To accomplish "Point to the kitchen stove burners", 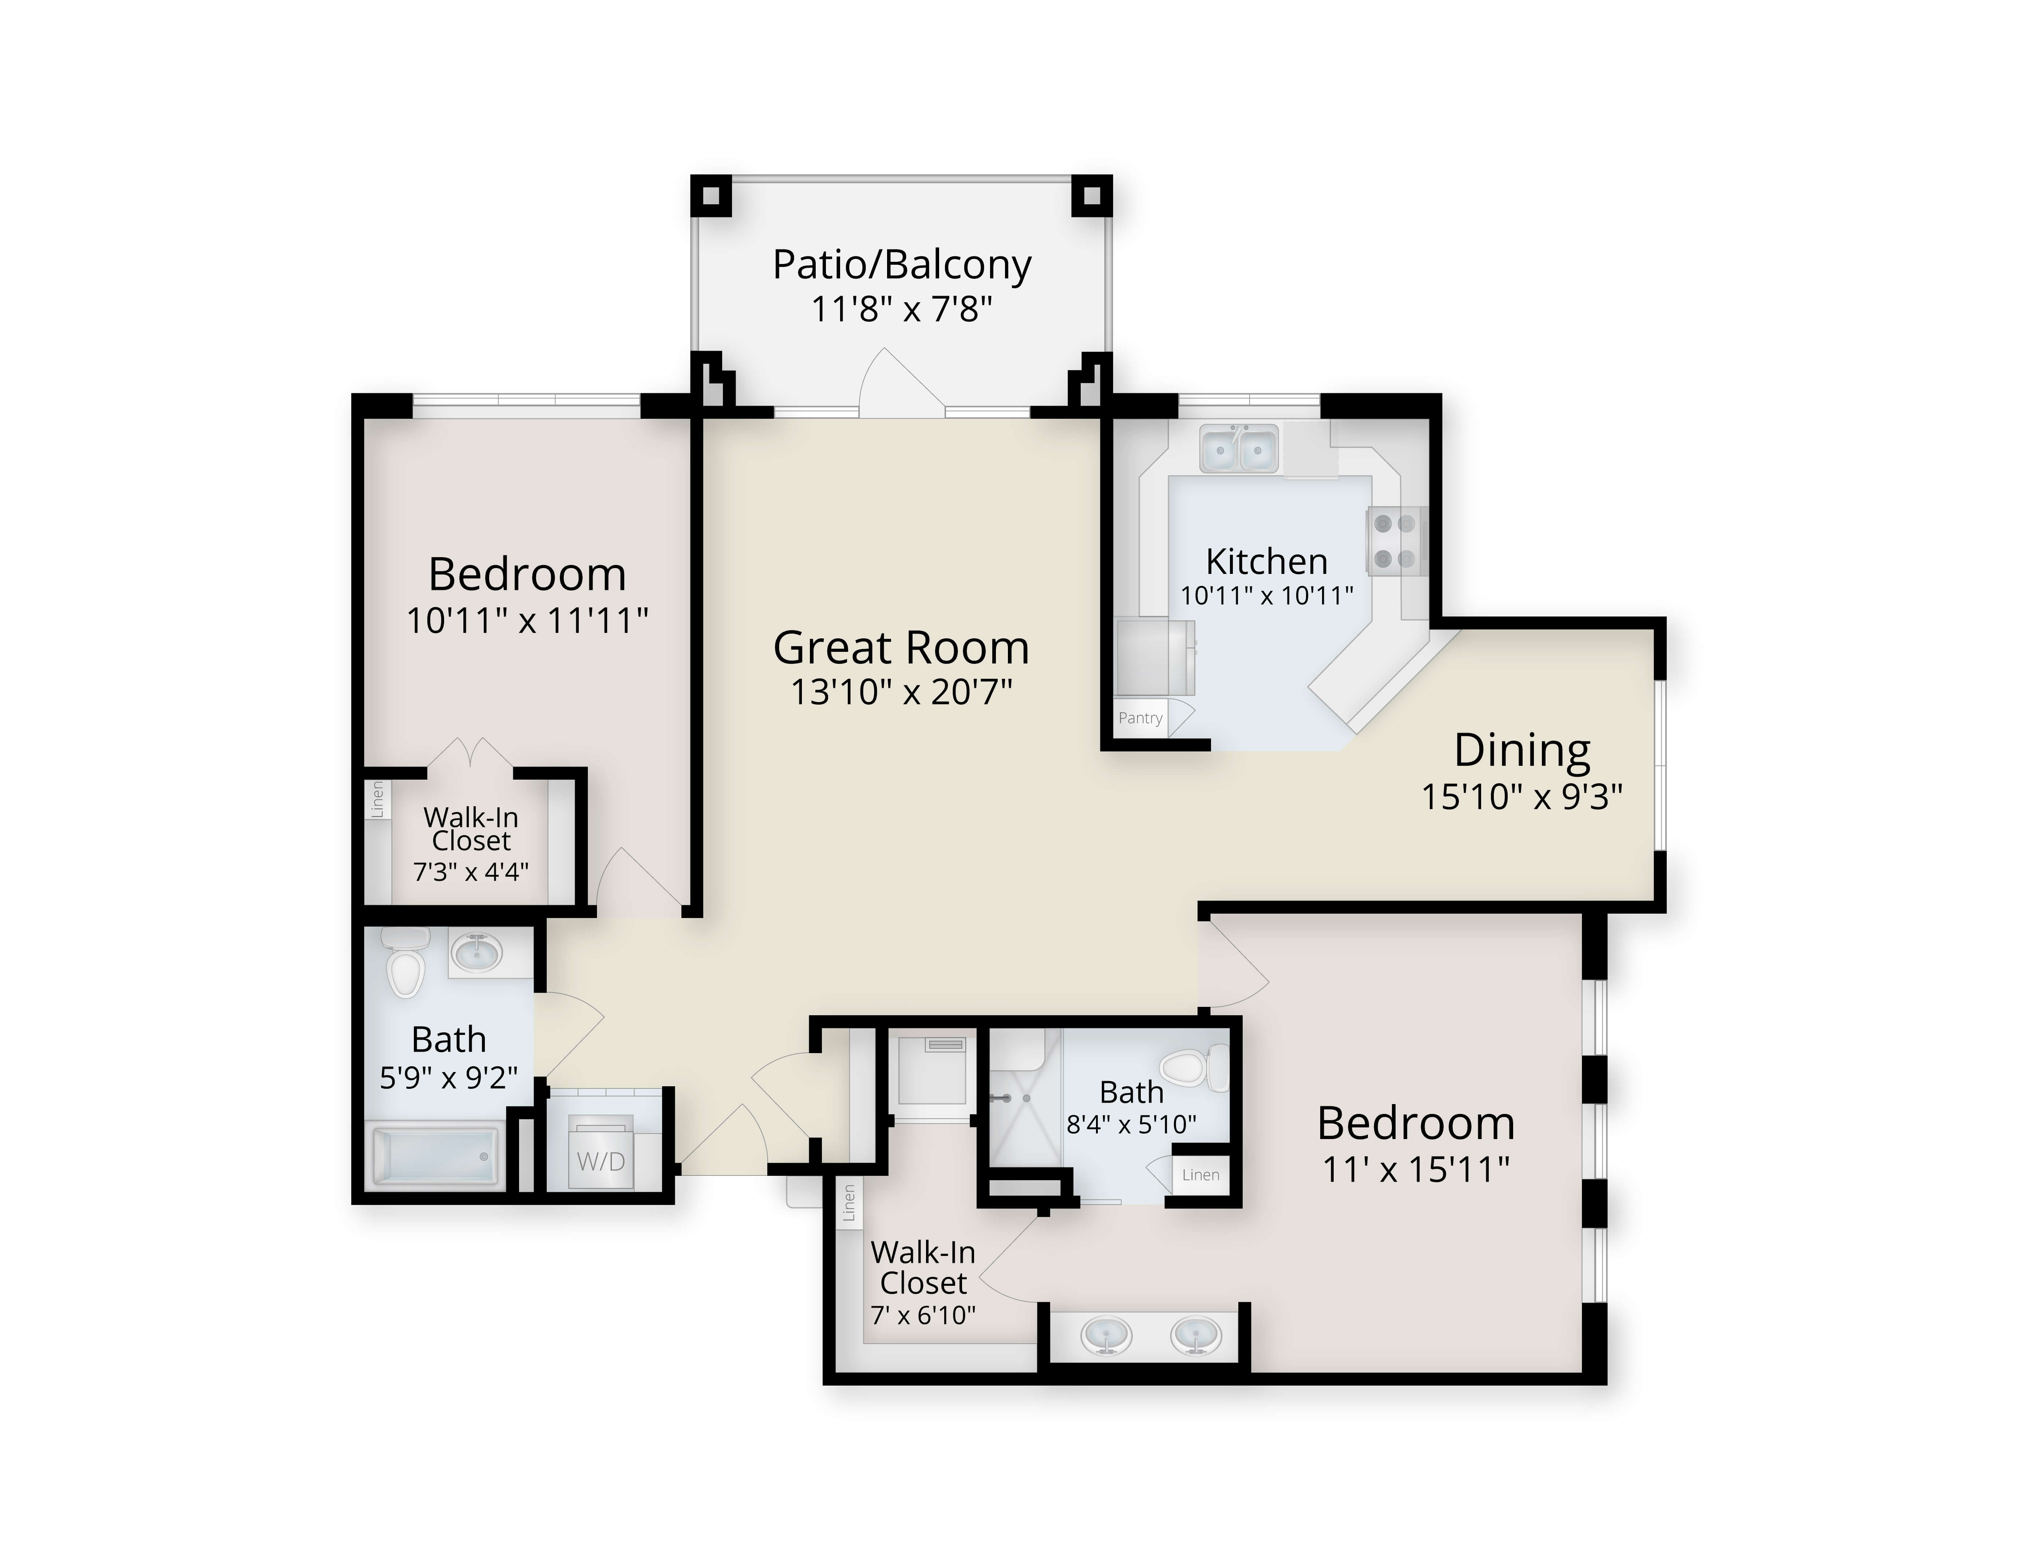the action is tap(1395, 541).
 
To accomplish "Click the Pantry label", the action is tap(1140, 718).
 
